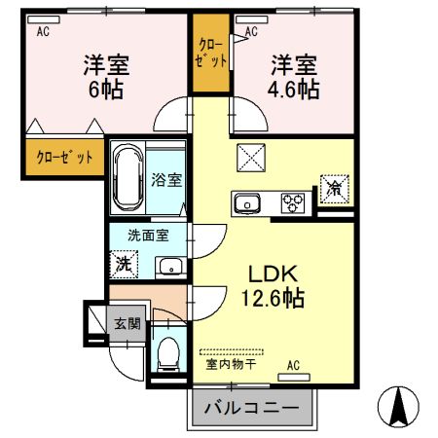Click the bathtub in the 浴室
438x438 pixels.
click(x=128, y=177)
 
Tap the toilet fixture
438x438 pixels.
click(x=168, y=354)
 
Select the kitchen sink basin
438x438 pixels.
click(x=247, y=203)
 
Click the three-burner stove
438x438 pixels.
click(x=293, y=203)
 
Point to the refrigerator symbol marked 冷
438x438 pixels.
click(x=335, y=190)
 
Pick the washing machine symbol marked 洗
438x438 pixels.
click(x=124, y=264)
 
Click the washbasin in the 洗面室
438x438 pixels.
click(x=170, y=266)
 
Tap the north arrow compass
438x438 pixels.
click(x=398, y=407)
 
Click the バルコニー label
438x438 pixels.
click(x=251, y=408)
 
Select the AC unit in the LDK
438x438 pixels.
click(x=294, y=378)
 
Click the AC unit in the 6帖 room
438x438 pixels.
click(x=44, y=19)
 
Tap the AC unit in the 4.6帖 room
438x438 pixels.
click(x=252, y=19)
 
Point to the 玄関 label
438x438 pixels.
click(x=128, y=323)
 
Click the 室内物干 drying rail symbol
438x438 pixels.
click(x=232, y=352)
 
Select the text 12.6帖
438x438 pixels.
click(x=273, y=298)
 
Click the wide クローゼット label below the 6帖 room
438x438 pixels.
click(x=64, y=158)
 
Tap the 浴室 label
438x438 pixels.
click(x=166, y=180)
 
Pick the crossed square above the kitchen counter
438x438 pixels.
click(x=251, y=158)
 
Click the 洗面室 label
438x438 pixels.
click(x=148, y=236)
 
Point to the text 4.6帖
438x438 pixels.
click(x=293, y=89)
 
